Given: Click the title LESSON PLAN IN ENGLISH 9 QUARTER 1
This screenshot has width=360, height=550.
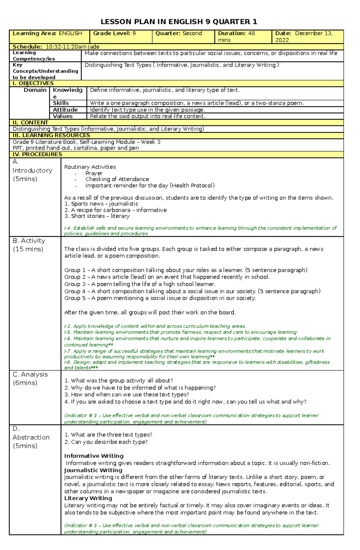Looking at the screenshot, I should point(179,22).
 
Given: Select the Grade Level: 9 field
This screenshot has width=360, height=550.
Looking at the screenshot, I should point(115,34).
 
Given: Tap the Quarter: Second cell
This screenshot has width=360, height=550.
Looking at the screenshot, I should point(178,34).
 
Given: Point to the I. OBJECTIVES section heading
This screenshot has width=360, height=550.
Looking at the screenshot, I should point(33,83).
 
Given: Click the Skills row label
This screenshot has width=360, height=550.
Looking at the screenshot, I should point(61,103).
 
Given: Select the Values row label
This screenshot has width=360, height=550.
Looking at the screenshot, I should point(63,116).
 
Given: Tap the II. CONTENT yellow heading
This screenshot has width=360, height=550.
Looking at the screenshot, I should point(30,123).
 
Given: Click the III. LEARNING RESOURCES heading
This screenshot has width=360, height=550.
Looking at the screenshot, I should point(51,135).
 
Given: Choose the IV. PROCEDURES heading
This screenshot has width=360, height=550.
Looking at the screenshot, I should point(37,154).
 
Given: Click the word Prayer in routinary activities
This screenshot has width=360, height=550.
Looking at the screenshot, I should point(94,173).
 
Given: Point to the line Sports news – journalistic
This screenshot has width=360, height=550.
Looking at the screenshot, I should point(101,204).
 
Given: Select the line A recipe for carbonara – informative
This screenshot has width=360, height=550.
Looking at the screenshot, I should point(115,210).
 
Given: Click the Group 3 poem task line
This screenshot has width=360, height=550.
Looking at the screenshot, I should point(139,284).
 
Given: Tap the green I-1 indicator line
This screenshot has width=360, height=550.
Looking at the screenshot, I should point(155,326).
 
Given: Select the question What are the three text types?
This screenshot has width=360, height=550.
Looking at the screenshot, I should point(108,435).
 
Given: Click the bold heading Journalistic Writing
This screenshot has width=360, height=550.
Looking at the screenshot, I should point(93,470).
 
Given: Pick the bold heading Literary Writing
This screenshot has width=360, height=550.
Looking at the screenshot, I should point(88,498).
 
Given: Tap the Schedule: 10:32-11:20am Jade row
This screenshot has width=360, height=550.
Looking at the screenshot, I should point(56,47).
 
